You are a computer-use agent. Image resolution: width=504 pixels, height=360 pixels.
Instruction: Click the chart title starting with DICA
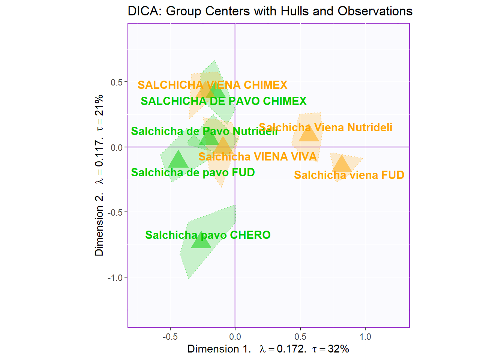270,11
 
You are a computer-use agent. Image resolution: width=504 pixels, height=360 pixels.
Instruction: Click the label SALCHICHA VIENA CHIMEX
212,85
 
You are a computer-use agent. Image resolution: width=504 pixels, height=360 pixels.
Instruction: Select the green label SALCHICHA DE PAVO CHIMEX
223,101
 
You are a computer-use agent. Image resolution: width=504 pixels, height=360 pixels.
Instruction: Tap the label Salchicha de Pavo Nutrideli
204,131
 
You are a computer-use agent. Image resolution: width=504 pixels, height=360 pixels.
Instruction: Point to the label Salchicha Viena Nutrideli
325,127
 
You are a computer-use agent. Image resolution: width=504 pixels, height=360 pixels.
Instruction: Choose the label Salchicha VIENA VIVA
258,156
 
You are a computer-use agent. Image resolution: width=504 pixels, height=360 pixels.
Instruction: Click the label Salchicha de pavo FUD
193,172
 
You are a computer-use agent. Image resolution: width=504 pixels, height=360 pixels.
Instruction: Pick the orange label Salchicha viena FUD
349,175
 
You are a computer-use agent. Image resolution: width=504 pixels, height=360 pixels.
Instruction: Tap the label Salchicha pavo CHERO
208,235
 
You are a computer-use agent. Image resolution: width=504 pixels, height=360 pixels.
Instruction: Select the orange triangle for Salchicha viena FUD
342,165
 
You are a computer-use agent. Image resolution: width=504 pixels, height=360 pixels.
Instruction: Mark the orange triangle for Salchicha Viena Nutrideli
309,134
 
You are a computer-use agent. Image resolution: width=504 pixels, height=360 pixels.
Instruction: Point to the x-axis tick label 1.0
365,337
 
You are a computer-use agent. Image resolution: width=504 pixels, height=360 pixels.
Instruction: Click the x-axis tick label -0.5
170,337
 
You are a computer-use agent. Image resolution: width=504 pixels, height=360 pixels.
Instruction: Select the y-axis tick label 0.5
116,82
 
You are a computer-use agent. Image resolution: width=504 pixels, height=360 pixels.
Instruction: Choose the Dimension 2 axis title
99,175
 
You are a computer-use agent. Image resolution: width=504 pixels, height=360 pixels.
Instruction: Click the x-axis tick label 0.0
235,337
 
